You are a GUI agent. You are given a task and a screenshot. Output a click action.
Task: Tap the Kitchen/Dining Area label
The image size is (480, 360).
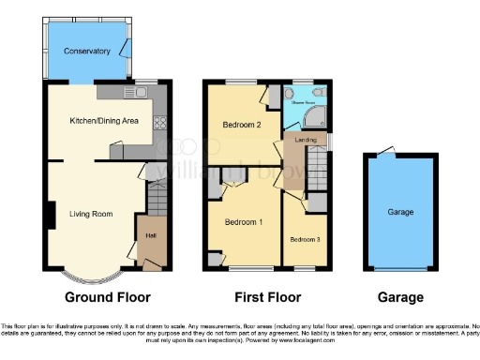coord(104,121)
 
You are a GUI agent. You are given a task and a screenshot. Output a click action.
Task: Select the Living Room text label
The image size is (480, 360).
coord(91,214)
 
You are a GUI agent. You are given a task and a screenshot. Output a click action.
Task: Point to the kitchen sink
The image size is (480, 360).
coord(138,93)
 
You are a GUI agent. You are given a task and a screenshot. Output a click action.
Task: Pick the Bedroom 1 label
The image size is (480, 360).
coord(242,221)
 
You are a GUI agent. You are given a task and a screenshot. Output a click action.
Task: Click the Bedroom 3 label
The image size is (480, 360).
coord(305,239)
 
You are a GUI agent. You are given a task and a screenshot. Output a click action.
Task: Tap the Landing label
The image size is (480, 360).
coord(305,140)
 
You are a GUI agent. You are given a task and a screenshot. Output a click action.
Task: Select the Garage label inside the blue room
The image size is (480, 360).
coord(401,213)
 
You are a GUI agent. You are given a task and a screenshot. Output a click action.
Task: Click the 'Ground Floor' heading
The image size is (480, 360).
coord(108,298)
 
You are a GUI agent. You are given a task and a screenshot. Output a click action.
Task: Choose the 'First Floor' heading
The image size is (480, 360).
coord(267,298)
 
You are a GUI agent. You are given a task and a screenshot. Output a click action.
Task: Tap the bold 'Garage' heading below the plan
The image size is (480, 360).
coord(400,298)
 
